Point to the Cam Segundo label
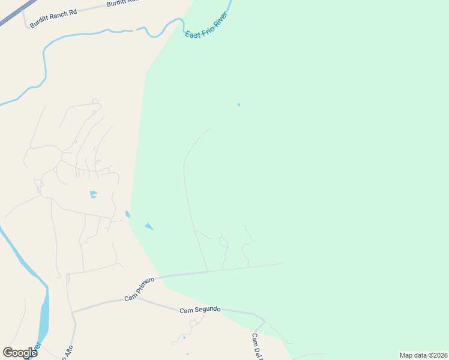(x=200, y=310)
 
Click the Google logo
(x=20, y=353)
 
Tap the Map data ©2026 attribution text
(x=423, y=355)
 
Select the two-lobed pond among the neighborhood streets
(x=93, y=194)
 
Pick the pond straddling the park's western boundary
(x=127, y=214)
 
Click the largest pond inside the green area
(x=149, y=226)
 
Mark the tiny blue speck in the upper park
(x=239, y=105)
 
